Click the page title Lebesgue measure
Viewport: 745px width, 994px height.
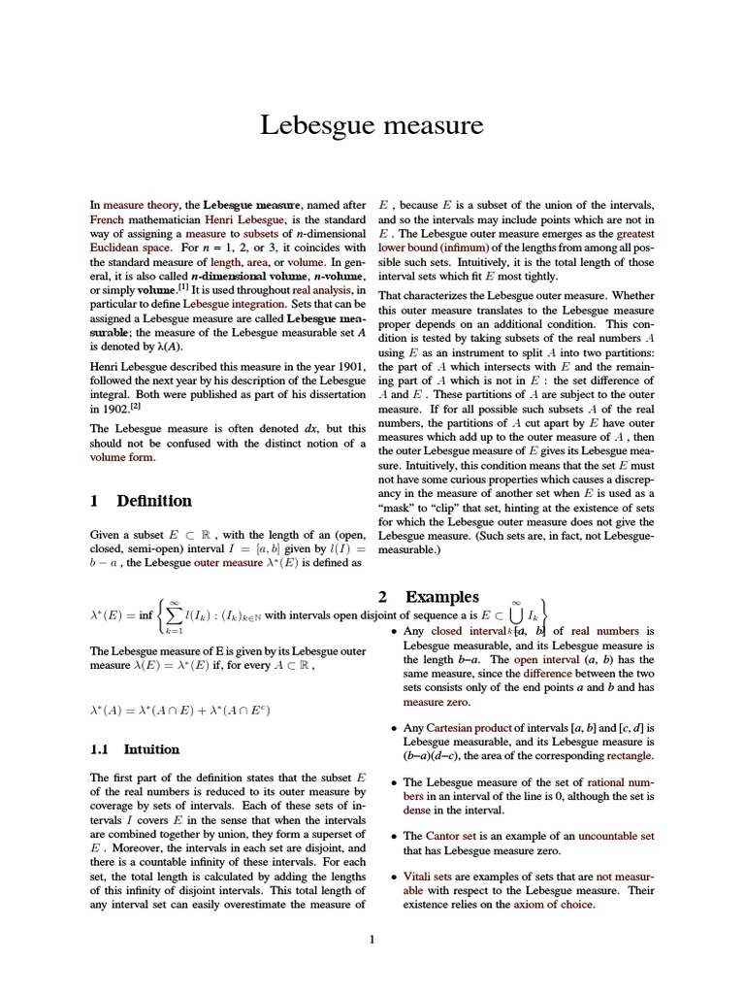point(372,125)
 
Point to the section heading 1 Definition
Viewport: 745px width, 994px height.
point(141,501)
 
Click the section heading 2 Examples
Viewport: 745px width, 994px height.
point(428,597)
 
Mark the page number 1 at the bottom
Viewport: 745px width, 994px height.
point(372,939)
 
